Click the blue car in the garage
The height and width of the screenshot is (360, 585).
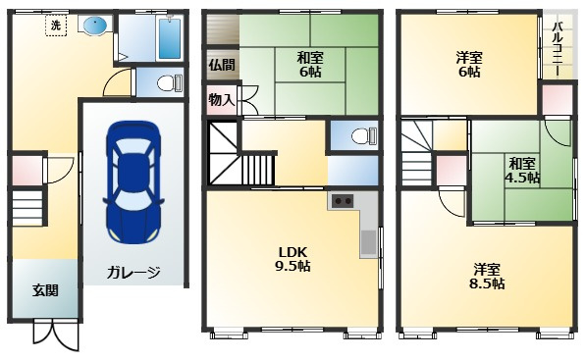[133, 181]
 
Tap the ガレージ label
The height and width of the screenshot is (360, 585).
[133, 273]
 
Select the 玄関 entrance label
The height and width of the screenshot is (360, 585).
[45, 290]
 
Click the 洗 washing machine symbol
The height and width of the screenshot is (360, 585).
[56, 26]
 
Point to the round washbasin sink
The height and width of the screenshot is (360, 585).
[95, 26]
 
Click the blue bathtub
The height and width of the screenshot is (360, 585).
[170, 38]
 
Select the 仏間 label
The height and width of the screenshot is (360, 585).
[222, 65]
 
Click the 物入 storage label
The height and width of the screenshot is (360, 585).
[222, 100]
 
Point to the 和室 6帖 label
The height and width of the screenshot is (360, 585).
[310, 64]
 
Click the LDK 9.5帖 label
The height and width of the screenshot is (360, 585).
[292, 259]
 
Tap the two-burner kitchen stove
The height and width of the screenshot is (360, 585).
[343, 202]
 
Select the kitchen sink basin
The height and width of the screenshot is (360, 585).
[369, 242]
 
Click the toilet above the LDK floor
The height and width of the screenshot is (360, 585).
[364, 135]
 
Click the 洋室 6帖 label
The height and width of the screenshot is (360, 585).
[469, 64]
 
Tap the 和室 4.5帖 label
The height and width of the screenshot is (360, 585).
[522, 171]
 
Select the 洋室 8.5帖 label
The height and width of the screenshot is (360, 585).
[487, 277]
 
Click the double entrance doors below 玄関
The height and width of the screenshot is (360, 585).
[56, 334]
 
